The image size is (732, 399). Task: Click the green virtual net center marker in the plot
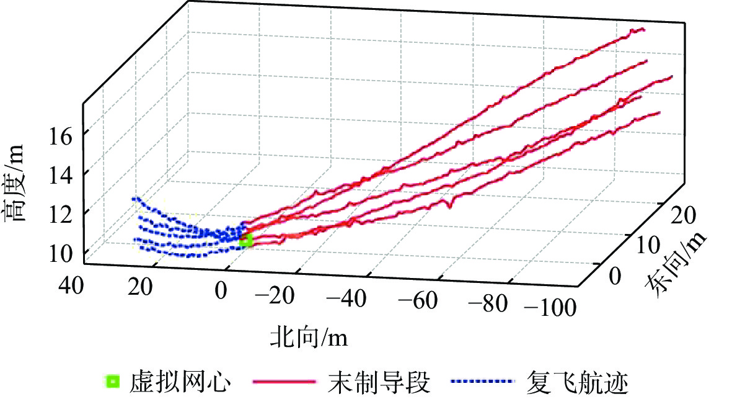pyautogui.click(x=246, y=240)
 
